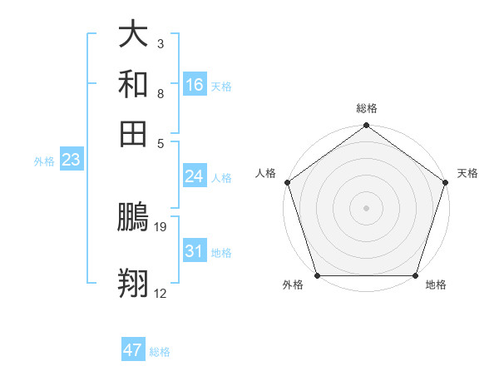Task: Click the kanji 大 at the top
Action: (133, 35)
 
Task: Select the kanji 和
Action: (133, 84)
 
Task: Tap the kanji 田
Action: (133, 133)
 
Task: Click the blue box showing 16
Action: (195, 84)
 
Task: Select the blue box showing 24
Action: (195, 176)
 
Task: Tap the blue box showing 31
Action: (195, 251)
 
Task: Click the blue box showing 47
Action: (133, 350)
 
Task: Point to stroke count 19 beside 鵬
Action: (161, 226)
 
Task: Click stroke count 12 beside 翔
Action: (161, 293)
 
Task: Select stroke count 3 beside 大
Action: (160, 43)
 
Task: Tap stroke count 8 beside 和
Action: (160, 93)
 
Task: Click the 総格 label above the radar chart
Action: (367, 108)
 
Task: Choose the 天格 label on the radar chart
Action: (467, 173)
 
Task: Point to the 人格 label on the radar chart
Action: (266, 173)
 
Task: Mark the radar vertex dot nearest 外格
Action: (317, 275)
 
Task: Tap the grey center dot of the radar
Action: (367, 207)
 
